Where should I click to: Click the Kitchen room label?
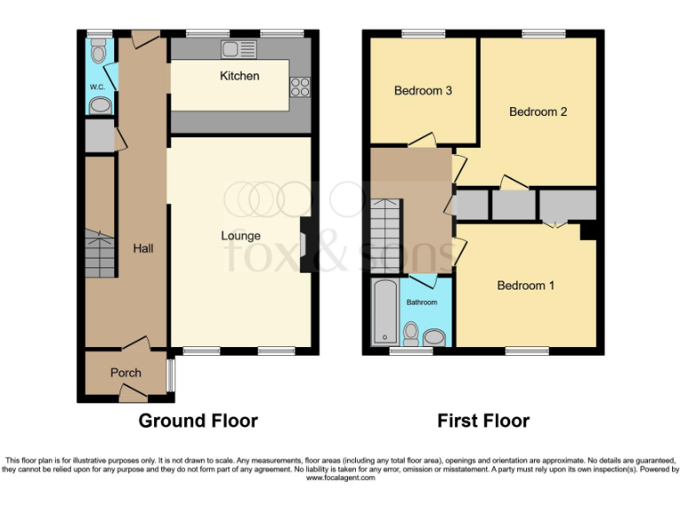(x=239, y=76)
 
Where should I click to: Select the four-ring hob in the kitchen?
(x=299, y=87)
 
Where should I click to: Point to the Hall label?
(x=143, y=249)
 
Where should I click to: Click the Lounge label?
(x=241, y=236)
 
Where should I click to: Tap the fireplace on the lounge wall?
(x=305, y=244)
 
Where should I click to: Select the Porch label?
(x=126, y=373)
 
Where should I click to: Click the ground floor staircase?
(x=101, y=252)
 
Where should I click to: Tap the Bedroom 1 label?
(x=526, y=285)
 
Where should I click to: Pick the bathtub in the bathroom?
(x=385, y=312)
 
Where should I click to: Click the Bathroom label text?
(x=421, y=302)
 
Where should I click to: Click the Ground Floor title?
(x=197, y=421)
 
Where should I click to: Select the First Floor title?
(x=483, y=421)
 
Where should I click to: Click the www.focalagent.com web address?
(x=340, y=478)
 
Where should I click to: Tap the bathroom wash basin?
(x=435, y=337)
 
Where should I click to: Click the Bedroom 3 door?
(x=421, y=140)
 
